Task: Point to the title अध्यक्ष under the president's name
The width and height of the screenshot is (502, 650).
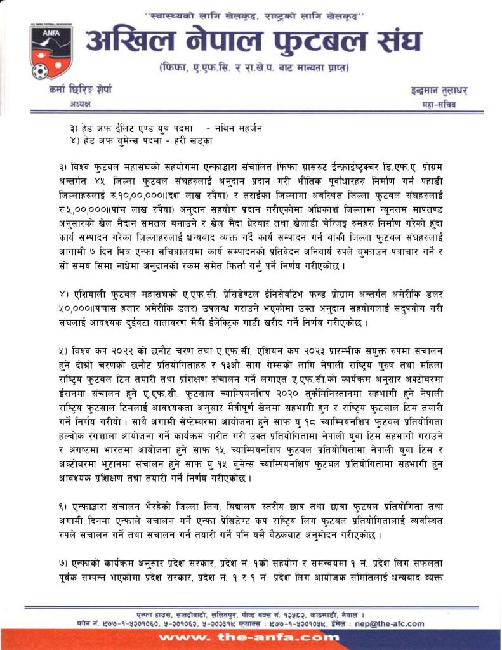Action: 79,103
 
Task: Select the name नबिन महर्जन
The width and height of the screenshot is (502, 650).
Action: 238,128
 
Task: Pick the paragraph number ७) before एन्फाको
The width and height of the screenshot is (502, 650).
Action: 62,565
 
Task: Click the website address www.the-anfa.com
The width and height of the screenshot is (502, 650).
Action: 250,637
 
